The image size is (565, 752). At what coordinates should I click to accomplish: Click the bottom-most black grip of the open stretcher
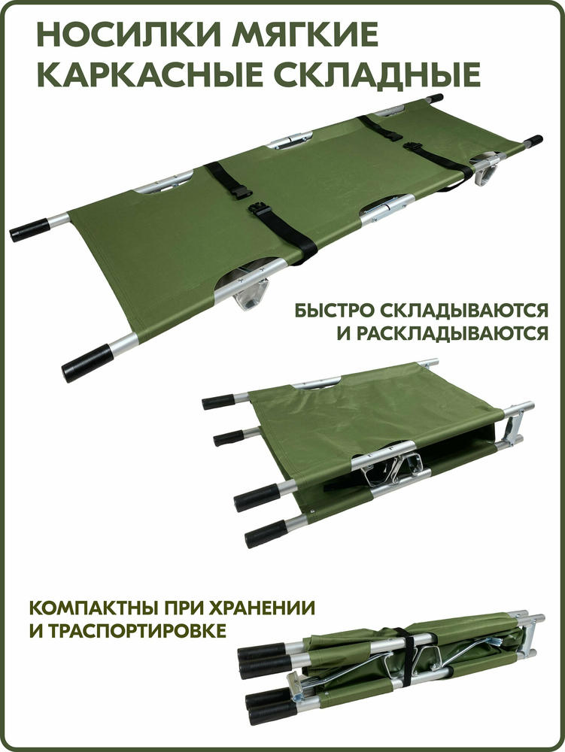(88, 362)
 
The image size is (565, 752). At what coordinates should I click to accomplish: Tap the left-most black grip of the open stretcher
(29, 230)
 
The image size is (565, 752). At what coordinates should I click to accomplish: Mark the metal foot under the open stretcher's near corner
(250, 295)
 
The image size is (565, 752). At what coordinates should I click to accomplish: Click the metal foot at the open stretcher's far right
(486, 170)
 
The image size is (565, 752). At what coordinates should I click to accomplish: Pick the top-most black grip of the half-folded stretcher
(217, 401)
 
